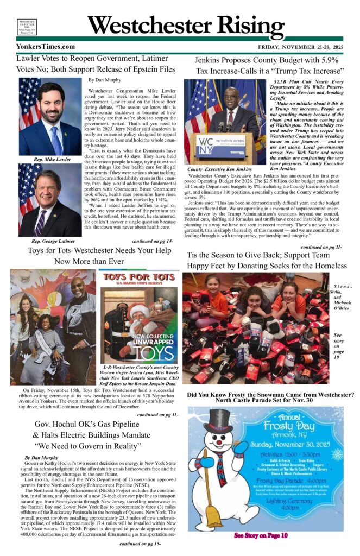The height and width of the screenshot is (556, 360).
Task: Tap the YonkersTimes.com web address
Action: [46, 47]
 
